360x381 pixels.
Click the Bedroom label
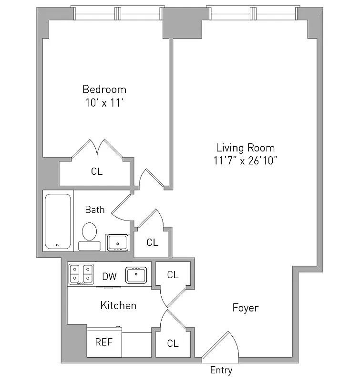pos(104,89)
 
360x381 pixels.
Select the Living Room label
pos(245,148)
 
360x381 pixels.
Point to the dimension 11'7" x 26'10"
pos(245,160)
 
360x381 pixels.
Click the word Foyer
pos(245,308)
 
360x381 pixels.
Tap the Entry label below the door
pos(221,371)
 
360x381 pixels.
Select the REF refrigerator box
pos(104,342)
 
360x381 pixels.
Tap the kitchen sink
pos(137,275)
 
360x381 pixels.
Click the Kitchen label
pos(118,305)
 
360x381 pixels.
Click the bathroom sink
pos(117,242)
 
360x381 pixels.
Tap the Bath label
pos(95,209)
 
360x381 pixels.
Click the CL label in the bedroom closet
pos(97,171)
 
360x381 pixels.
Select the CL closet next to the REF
pos(173,343)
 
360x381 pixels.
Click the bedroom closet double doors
pos(98,149)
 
